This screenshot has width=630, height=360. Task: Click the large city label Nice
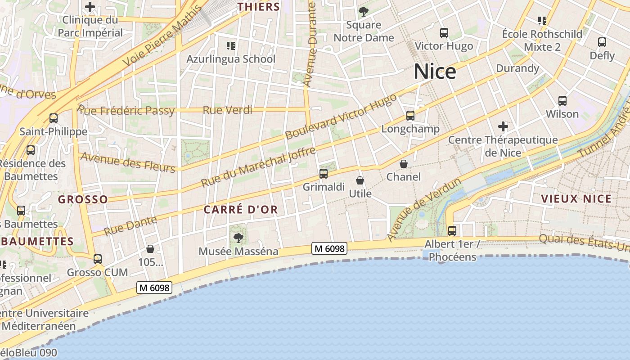(435, 72)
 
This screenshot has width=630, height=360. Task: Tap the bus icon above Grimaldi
(323, 174)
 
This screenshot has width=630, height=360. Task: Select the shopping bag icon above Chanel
(404, 164)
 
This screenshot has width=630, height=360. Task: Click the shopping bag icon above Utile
(360, 180)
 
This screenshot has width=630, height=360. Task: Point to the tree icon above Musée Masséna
(238, 238)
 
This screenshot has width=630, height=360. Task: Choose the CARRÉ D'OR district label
(241, 210)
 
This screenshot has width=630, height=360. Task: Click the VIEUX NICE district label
(576, 199)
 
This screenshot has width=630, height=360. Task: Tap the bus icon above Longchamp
(410, 116)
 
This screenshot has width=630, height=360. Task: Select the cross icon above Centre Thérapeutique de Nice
(503, 126)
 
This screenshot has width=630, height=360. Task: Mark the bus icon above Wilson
(562, 101)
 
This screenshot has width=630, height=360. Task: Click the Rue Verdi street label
(227, 110)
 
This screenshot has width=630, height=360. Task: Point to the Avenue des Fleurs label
(127, 162)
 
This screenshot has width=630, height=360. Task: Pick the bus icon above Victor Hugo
(444, 33)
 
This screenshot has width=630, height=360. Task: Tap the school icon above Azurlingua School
(231, 45)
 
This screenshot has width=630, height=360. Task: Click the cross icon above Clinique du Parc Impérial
(90, 7)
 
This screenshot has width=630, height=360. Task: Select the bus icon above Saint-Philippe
(54, 118)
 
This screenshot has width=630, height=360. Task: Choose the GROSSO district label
(83, 199)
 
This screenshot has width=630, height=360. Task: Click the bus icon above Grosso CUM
(97, 259)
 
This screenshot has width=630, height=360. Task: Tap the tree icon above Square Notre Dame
(363, 12)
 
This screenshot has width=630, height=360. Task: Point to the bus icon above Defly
(602, 42)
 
